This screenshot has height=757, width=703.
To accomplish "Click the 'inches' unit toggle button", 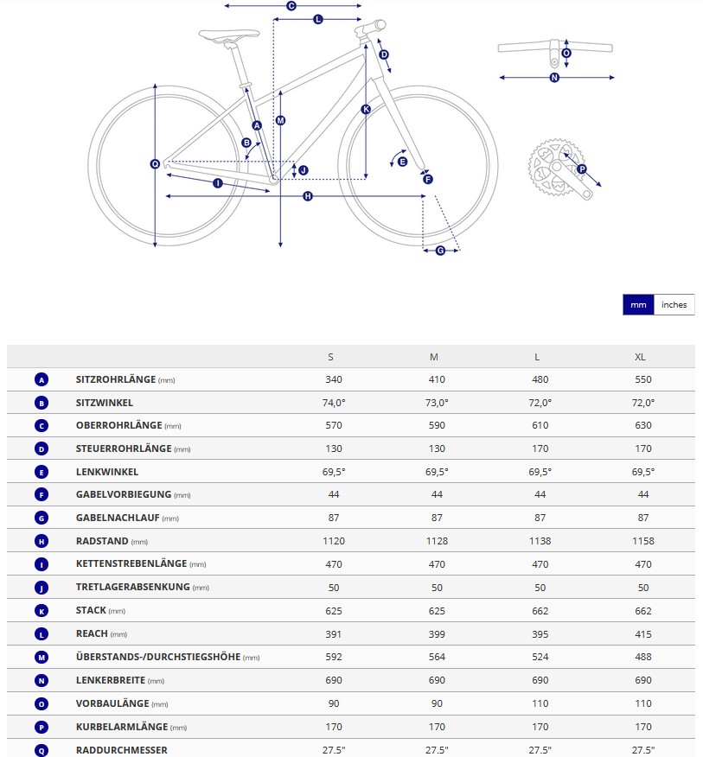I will (674, 305).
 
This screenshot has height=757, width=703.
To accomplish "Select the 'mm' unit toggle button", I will (638, 305).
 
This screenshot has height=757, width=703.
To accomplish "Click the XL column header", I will (640, 357).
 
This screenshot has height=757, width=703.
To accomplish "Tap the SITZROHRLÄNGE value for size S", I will (334, 379).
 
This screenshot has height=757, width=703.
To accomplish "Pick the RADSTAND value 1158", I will (642, 541).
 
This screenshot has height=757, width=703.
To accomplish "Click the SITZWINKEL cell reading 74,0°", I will (334, 403).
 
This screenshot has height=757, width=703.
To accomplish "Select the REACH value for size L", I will (540, 633).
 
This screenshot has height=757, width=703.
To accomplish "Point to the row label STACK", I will (91, 610).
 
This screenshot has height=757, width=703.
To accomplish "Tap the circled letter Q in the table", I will (42, 749).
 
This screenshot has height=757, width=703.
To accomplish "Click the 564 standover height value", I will (437, 657).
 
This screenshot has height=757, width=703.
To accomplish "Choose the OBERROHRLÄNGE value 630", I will (642, 425).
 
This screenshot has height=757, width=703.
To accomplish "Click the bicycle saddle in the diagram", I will (228, 35).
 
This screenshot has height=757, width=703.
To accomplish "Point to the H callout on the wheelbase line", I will (308, 197).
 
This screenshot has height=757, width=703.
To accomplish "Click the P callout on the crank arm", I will (581, 169).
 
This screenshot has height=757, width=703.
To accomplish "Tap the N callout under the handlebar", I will (554, 78).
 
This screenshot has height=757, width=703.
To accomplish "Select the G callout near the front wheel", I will (440, 251).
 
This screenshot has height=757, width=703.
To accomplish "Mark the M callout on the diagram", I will (280, 120).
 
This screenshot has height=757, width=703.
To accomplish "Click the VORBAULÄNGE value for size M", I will (437, 703).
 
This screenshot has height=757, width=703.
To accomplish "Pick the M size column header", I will (434, 357).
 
